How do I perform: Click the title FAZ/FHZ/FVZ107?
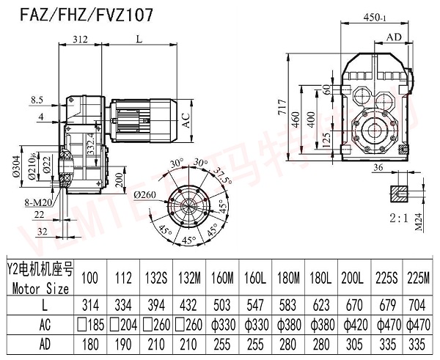point(66,15)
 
